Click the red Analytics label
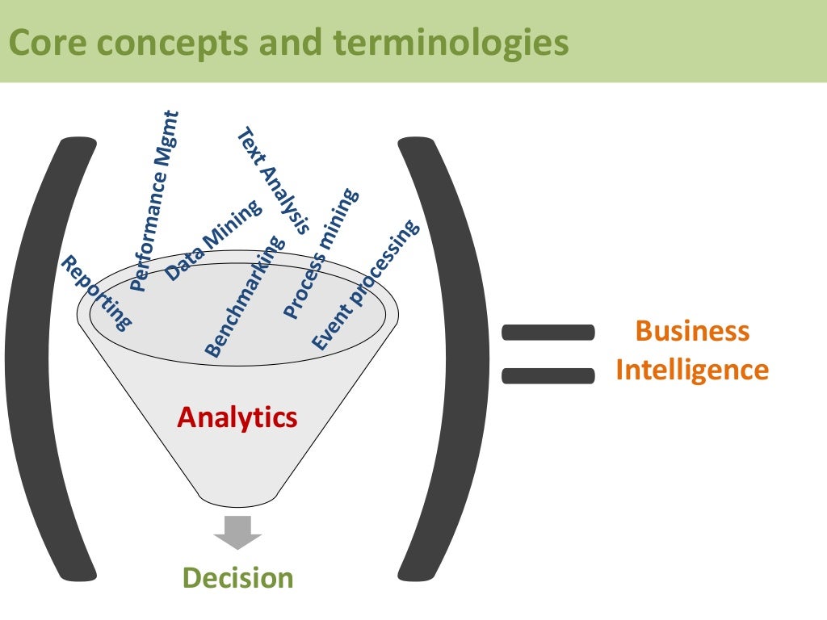(x=237, y=417)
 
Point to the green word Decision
(x=237, y=578)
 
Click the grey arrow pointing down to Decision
(x=237, y=531)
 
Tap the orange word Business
(x=692, y=331)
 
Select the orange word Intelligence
(x=692, y=370)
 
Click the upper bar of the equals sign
(x=548, y=332)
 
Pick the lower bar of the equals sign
(x=548, y=375)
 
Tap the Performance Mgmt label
(x=154, y=202)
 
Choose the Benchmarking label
(x=245, y=297)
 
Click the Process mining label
(x=320, y=254)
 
